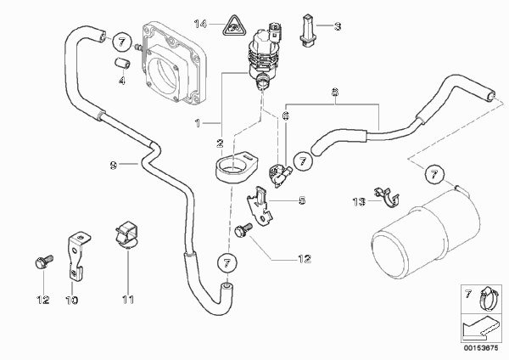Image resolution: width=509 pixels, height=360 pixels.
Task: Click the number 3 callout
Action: pyautogui.click(x=338, y=27)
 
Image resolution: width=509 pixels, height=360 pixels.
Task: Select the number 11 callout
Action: pyautogui.click(x=128, y=300)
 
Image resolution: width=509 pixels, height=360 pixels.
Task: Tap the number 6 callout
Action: pyautogui.click(x=286, y=115)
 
